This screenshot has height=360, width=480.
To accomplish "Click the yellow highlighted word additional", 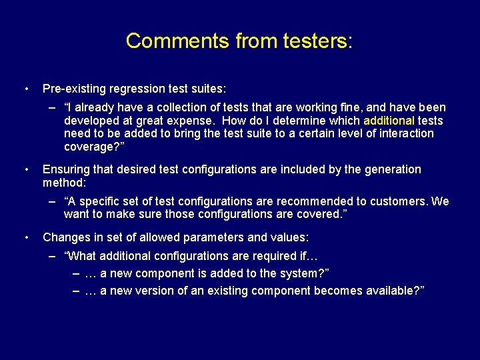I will [389, 121].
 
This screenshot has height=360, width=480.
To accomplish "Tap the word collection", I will [182, 107].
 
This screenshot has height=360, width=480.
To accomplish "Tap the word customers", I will [399, 201].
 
